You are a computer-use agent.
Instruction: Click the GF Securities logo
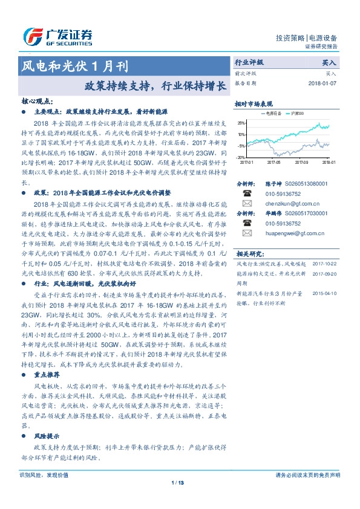[x=58, y=36]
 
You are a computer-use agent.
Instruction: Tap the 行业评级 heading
[x=249, y=62]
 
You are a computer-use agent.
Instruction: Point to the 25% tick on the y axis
[x=241, y=123]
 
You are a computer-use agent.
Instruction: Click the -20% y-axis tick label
[x=241, y=157]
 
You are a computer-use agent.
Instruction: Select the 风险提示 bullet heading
[x=46, y=435]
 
